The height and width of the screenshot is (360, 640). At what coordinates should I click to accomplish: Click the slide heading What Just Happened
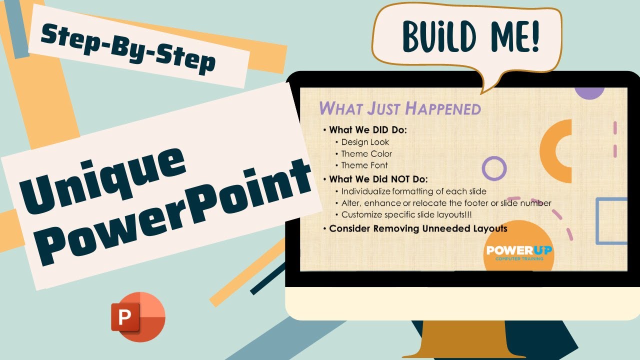pos(399,108)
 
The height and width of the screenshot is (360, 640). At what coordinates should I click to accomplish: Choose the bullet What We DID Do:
pos(368,130)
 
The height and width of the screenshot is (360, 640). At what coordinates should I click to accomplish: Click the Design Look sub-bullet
pos(365,142)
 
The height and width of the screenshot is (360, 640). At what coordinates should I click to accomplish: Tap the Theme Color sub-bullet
pos(366,153)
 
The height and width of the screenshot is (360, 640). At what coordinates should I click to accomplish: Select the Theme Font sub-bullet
pos(364,165)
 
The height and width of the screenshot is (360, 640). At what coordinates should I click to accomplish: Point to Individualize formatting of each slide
pos(413,191)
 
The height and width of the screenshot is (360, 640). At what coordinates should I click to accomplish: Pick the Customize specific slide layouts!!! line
pos(406,214)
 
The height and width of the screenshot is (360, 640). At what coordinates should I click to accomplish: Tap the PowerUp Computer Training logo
pos(519,251)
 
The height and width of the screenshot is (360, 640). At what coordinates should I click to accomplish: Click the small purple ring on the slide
pos(494,168)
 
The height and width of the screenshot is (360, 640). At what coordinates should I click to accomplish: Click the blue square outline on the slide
pos(612,221)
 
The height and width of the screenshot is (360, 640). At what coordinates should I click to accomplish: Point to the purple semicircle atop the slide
pos(589,93)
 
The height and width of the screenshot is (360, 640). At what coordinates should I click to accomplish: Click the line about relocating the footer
pos(446,203)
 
